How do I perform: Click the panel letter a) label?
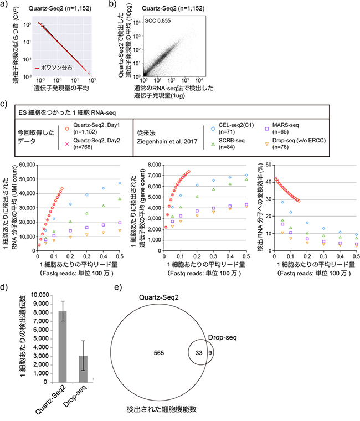[6, 6]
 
